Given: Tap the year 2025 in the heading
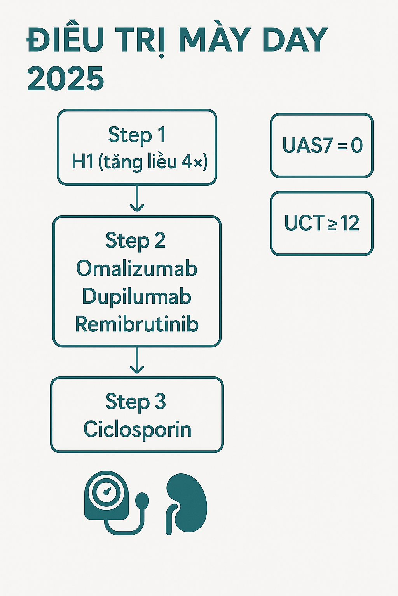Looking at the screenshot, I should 66,78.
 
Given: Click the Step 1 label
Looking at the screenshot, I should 137,135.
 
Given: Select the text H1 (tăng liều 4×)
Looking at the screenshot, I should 139,162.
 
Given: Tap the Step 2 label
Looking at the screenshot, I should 136,241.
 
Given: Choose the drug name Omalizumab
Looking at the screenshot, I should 137,269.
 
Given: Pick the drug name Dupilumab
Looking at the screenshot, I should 137,296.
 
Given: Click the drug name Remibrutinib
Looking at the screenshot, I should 137,324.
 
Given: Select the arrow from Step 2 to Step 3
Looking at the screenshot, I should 137,361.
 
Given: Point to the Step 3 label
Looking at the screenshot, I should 136,402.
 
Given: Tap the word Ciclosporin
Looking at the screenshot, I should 138,430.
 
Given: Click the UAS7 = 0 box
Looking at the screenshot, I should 322,146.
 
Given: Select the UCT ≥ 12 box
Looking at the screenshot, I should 322,223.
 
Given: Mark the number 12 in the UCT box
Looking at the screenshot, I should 349,223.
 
